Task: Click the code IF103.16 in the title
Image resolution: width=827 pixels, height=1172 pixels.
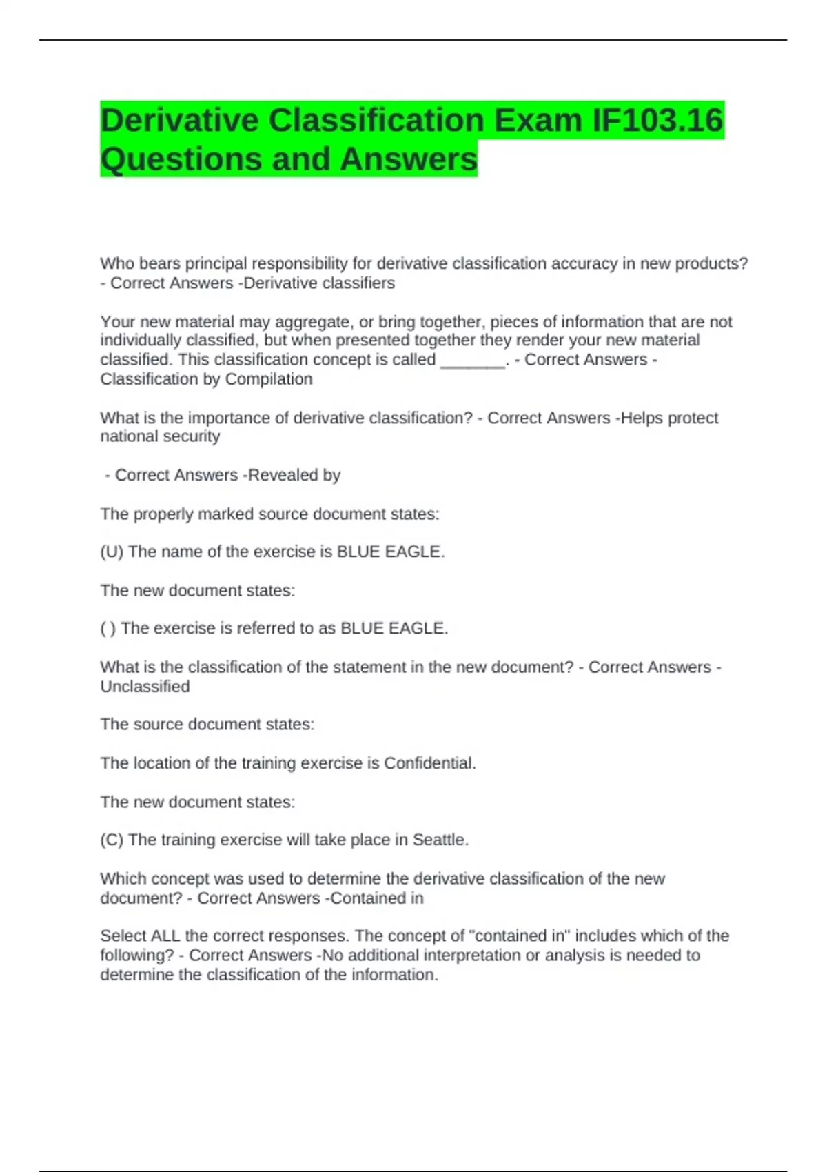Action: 657,120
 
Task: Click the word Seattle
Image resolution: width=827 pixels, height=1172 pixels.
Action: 440,840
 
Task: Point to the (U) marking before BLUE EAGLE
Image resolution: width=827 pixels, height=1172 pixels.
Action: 112,552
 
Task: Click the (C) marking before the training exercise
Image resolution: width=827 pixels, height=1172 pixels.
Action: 112,840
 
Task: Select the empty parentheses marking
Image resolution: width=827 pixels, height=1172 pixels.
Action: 108,628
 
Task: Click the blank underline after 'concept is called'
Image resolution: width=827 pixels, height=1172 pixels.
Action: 473,360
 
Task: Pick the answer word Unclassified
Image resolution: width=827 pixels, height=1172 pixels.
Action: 145,687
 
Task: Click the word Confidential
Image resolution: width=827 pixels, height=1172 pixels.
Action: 429,763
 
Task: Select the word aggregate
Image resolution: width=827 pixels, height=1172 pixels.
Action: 313,322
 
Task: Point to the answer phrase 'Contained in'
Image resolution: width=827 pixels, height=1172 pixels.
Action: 377,898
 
